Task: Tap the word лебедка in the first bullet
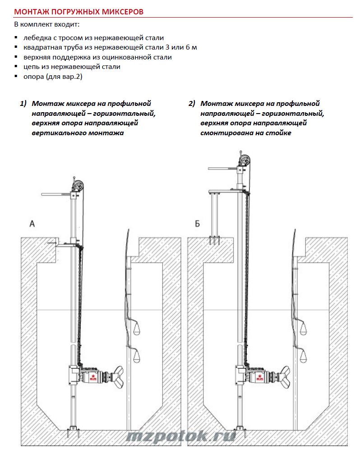pyautogui.click(x=37, y=38)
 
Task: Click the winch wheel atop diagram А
pyautogui.click(x=79, y=185)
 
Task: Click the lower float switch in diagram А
pyautogui.click(x=136, y=357)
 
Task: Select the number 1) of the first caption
pyautogui.click(x=23, y=104)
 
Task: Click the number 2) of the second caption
pyautogui.click(x=192, y=104)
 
